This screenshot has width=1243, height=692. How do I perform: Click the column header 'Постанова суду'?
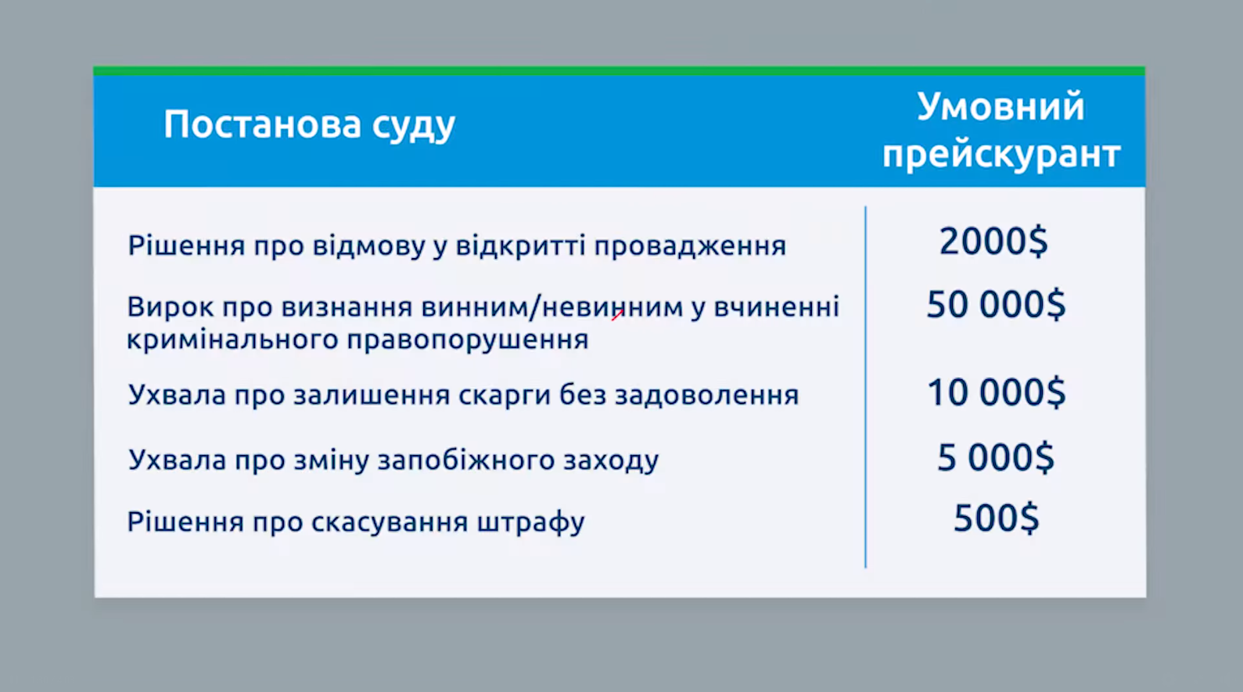309,125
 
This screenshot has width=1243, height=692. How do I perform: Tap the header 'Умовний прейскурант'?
1001,131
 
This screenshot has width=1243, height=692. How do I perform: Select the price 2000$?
993,242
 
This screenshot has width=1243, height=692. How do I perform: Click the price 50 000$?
995,305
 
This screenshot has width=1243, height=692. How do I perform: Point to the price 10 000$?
995,393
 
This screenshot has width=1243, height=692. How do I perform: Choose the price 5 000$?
995,457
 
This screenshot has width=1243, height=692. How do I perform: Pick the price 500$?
996,518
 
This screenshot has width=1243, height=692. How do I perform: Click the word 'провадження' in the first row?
690,247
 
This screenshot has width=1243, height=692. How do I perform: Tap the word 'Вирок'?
170,307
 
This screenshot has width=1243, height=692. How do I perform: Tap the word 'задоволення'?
706,396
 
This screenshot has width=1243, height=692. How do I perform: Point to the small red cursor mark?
617,314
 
